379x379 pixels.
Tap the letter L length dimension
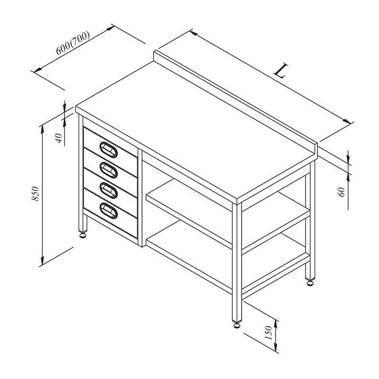click(x=281, y=71)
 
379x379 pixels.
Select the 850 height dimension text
click(x=35, y=193)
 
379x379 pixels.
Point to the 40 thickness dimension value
click(x=59, y=138)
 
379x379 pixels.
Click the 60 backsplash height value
click(x=342, y=192)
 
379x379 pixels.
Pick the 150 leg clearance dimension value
click(x=269, y=333)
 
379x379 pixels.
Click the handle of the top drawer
click(x=108, y=150)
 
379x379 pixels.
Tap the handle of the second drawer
click(x=108, y=170)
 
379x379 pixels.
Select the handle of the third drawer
click(x=108, y=190)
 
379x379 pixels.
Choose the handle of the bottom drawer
click(x=108, y=211)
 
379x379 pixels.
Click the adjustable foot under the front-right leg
click(x=237, y=325)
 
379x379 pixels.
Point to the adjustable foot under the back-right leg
click(x=310, y=282)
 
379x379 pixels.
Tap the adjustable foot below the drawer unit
click(x=83, y=235)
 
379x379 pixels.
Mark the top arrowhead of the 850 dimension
click(x=42, y=129)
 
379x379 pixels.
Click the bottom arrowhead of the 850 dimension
click(x=42, y=261)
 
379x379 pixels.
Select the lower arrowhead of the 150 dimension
click(x=276, y=347)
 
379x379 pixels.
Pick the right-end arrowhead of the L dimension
click(x=347, y=121)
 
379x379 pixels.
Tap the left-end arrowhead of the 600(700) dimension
click(x=38, y=70)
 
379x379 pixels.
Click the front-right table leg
click(x=237, y=262)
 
